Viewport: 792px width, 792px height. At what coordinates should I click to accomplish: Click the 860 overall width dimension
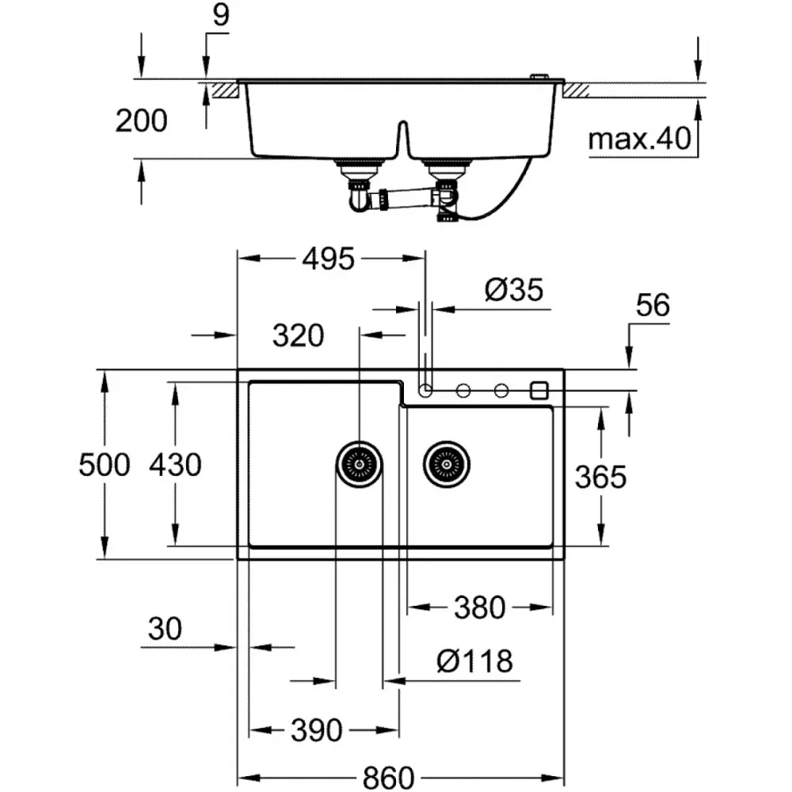[388, 778]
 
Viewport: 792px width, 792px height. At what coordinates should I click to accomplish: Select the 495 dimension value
[329, 259]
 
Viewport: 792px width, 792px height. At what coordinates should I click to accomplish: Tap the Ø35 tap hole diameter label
[514, 289]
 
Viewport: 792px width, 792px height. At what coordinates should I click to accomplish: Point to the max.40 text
[639, 139]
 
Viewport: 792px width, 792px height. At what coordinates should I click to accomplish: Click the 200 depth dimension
[142, 120]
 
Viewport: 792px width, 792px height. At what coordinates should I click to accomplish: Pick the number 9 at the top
[221, 14]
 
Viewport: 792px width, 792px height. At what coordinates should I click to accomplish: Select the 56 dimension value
[653, 305]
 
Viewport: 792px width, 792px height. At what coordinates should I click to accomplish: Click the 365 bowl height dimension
[600, 477]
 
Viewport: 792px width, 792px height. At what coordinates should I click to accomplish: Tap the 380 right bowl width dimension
[479, 607]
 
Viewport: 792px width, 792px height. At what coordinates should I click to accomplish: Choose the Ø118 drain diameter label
[474, 661]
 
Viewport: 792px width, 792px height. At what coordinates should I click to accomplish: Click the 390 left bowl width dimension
[317, 730]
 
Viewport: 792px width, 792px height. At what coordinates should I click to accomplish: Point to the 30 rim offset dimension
[165, 629]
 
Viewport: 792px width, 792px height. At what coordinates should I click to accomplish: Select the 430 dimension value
[175, 465]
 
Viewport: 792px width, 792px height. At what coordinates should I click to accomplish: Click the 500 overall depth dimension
[105, 465]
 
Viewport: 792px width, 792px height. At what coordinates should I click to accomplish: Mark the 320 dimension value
[298, 335]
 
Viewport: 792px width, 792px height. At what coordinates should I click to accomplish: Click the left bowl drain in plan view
[359, 464]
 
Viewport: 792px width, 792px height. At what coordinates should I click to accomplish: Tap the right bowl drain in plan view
[447, 464]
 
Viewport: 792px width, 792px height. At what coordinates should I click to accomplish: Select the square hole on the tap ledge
[539, 390]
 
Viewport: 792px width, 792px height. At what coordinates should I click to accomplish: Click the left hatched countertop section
[224, 91]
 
